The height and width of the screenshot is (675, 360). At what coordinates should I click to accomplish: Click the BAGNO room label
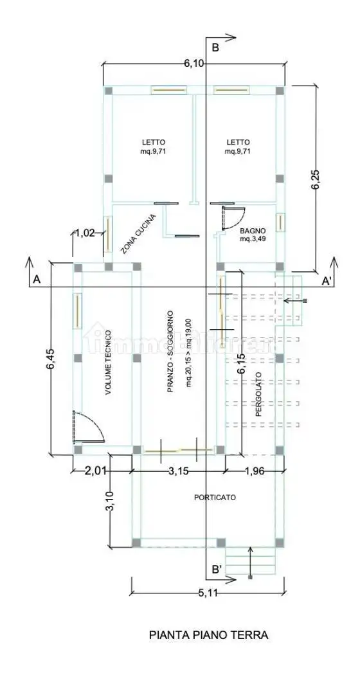(253, 230)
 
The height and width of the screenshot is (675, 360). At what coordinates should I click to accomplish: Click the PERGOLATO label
(258, 395)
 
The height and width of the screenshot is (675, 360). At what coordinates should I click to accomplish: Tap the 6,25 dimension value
(316, 178)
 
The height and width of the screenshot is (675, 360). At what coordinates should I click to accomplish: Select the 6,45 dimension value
(51, 359)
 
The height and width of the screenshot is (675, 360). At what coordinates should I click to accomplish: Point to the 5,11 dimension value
(208, 593)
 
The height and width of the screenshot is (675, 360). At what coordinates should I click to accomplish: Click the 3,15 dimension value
(178, 471)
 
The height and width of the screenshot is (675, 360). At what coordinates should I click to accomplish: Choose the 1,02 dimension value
(85, 233)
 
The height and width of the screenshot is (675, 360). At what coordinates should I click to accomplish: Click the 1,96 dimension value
(254, 471)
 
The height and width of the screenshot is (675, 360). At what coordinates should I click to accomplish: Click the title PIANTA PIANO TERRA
(208, 635)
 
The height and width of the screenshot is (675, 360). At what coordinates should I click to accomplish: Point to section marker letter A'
(327, 281)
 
